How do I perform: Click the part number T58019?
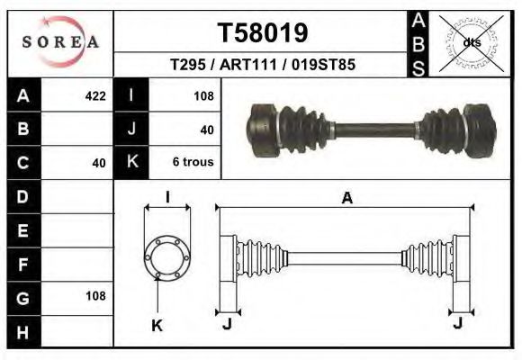tap(263, 32)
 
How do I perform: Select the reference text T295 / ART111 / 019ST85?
tap(262, 65)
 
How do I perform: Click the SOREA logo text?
tap(60, 41)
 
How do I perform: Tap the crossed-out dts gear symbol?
tap(471, 41)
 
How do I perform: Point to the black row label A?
tap(23, 95)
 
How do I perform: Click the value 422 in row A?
tap(94, 95)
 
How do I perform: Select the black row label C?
tap(23, 163)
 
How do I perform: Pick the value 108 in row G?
tap(94, 295)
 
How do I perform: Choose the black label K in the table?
tap(132, 163)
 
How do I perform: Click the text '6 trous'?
tap(193, 163)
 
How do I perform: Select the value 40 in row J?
tap(207, 130)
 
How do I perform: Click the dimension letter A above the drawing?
tap(346, 199)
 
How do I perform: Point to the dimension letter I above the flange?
tap(167, 198)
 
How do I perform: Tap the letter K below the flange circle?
tap(157, 326)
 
